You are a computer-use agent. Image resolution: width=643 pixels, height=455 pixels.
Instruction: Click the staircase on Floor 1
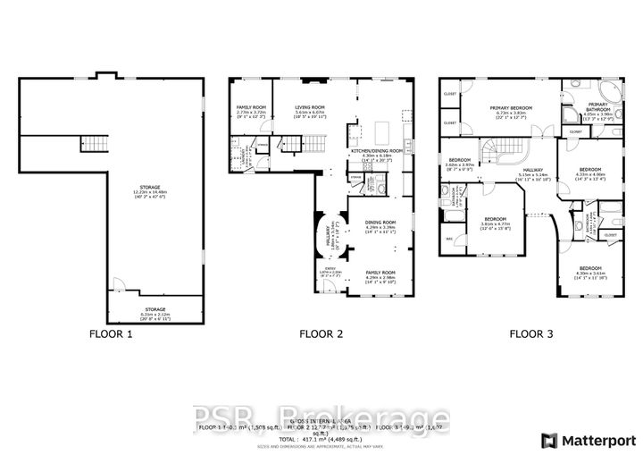[x=93, y=141]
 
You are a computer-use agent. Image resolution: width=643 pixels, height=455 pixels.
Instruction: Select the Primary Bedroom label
[x=511, y=111]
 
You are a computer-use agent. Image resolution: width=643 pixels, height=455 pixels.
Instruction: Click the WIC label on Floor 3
[x=448, y=238]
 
